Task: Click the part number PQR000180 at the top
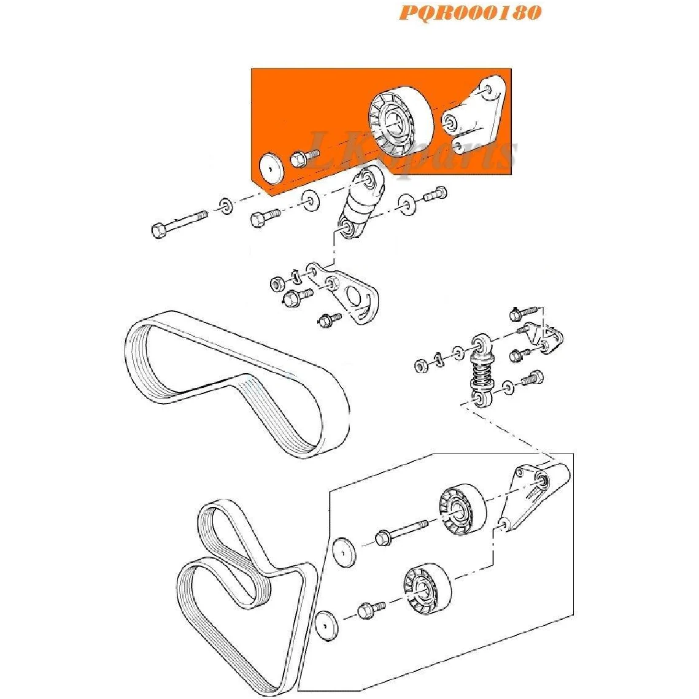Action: coord(470,12)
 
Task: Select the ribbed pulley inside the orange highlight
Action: coord(401,121)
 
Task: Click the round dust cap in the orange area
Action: coord(270,168)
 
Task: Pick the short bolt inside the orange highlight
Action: coord(304,158)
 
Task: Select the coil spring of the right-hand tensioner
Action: coord(482,374)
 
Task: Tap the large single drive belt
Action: coord(236,384)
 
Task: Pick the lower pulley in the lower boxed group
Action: coord(428,588)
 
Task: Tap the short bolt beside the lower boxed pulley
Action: coord(371,609)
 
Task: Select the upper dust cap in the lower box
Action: coord(345,552)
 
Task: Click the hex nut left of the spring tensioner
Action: coord(420,366)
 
